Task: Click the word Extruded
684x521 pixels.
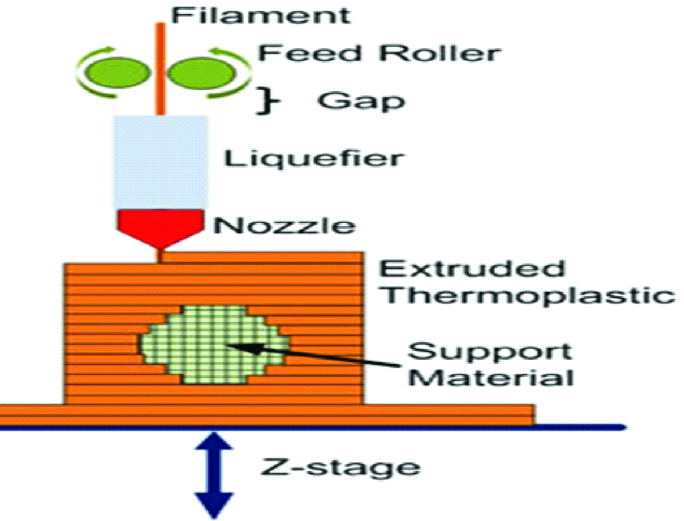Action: pos(472,269)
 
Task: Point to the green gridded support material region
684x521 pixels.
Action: pos(211,345)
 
